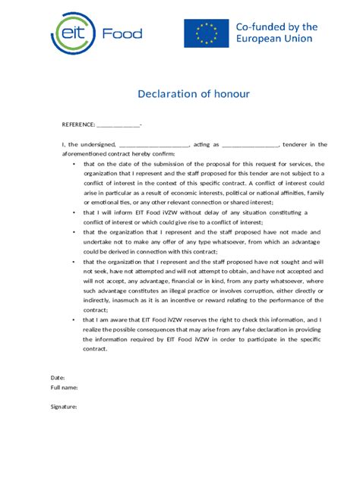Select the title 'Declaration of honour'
(x=194, y=94)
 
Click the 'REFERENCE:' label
(x=78, y=124)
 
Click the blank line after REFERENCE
(x=118, y=125)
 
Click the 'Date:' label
(x=58, y=377)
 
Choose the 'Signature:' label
(x=64, y=407)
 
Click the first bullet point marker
(x=73, y=163)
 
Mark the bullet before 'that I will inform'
(x=73, y=213)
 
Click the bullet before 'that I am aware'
(x=73, y=320)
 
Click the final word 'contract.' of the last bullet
(x=96, y=350)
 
